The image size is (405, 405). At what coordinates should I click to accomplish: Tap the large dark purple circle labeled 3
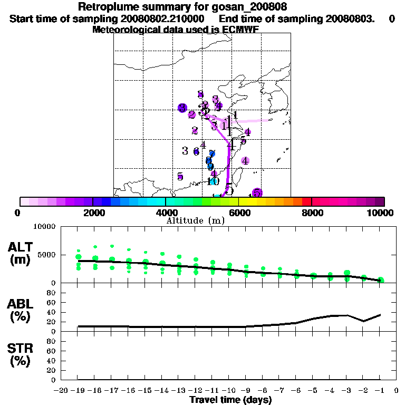[182, 108]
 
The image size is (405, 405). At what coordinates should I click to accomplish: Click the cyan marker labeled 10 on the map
[213, 181]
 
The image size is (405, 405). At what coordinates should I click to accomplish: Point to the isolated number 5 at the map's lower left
[180, 177]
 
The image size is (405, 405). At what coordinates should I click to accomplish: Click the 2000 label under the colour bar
[93, 213]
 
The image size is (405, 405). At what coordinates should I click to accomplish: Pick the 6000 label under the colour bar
[239, 213]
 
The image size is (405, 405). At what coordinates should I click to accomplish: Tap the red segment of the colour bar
[307, 201]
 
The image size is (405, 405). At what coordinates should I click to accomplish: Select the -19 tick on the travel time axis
[78, 390]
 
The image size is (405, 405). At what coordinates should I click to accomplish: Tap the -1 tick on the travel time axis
[380, 390]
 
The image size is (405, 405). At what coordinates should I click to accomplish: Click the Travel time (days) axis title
[230, 400]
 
